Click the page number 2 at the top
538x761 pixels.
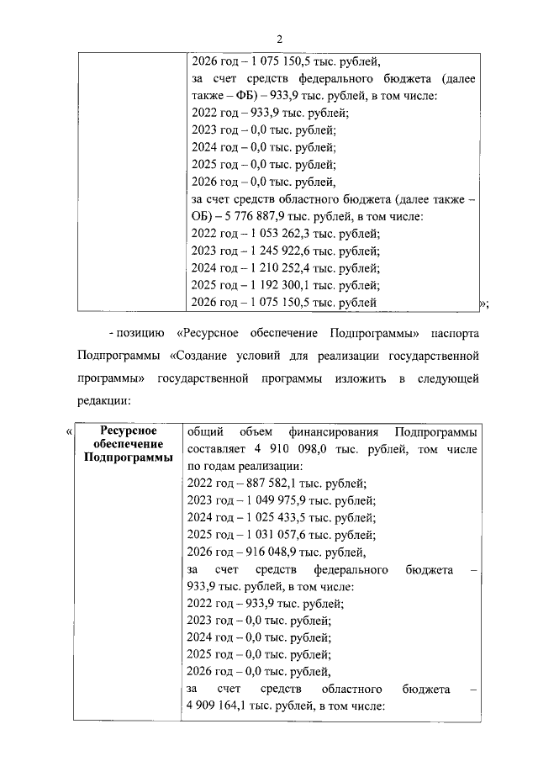pos(280,38)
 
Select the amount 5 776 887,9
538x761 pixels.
pos(254,216)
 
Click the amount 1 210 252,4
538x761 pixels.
pos(282,268)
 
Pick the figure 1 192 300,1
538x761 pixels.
pos(282,285)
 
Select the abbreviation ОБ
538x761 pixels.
pos(203,216)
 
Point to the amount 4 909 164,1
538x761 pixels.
pos(221,706)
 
